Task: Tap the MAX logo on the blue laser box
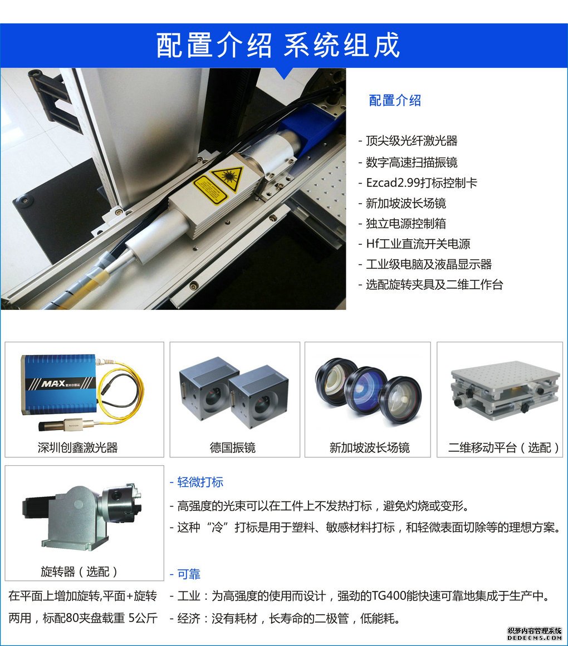click(x=53, y=384)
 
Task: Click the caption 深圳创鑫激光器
click(x=78, y=447)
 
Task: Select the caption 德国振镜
click(x=233, y=447)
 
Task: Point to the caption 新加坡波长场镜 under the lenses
click(x=370, y=447)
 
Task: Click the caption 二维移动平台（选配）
click(x=504, y=447)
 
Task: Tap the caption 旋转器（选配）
click(x=79, y=571)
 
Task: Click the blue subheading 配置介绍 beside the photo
click(x=395, y=100)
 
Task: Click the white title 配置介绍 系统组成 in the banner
click(x=278, y=45)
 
